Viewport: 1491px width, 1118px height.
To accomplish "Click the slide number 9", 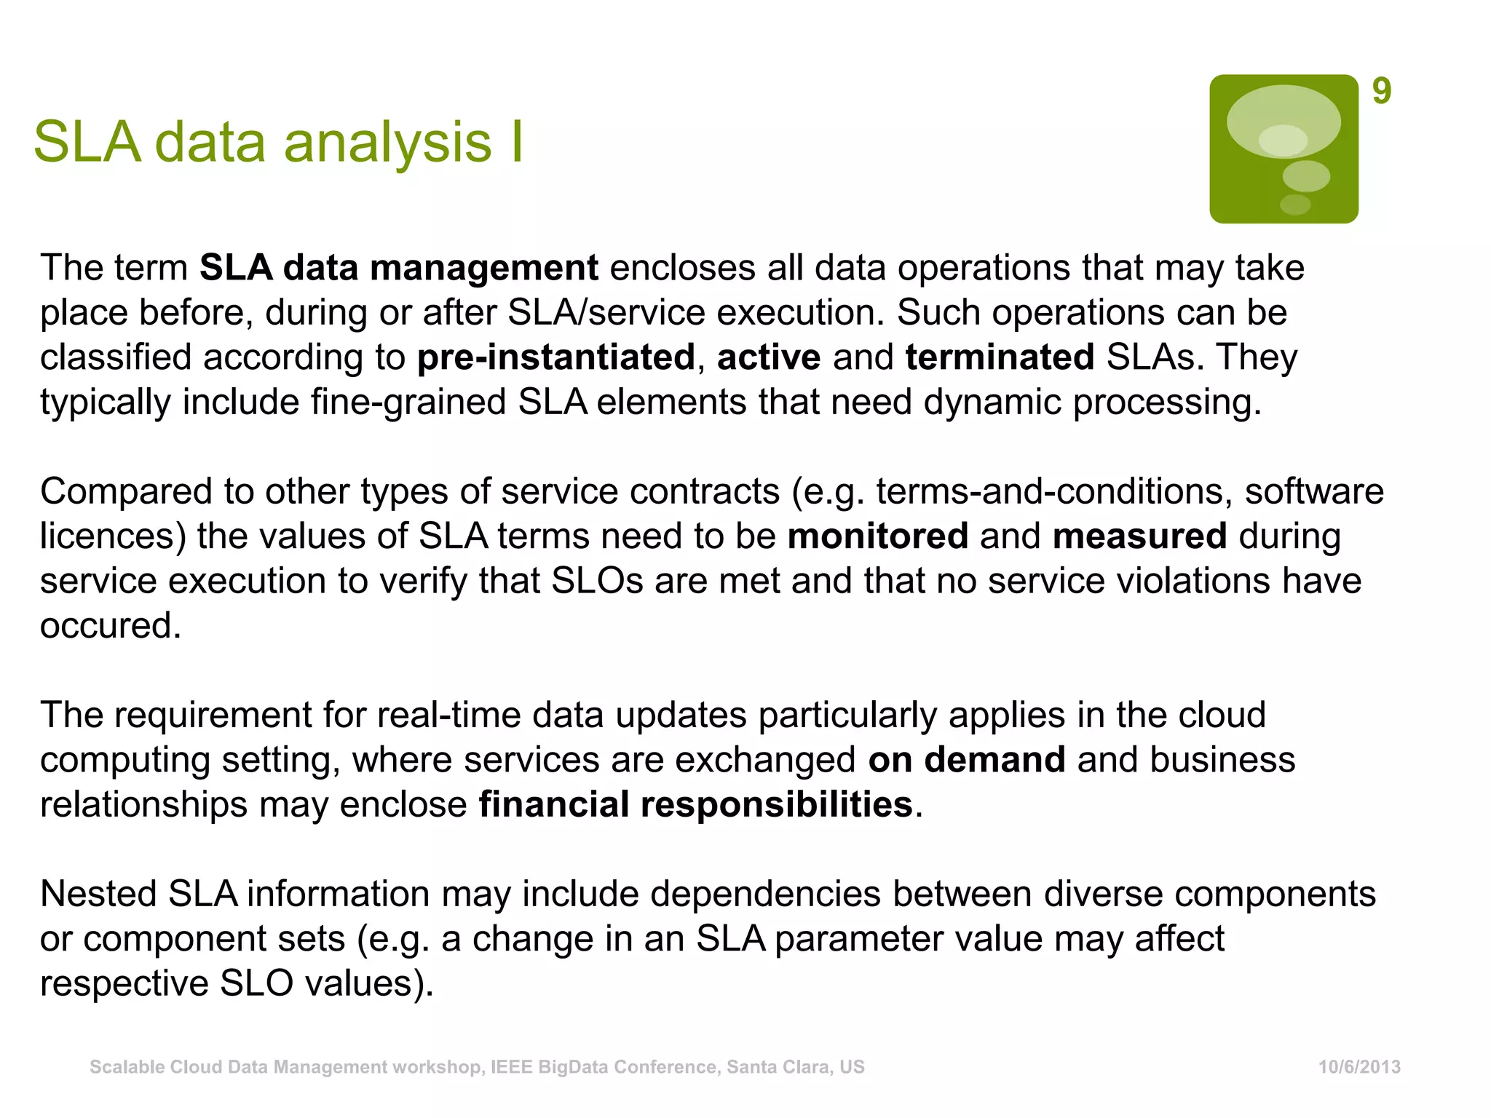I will coord(1381,92).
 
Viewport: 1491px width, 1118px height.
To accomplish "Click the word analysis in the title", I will coord(387,142).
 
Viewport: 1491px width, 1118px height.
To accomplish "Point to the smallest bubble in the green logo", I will coord(1295,205).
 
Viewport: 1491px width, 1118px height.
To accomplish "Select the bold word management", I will coord(483,268).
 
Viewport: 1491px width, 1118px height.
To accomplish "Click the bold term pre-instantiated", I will coord(556,357).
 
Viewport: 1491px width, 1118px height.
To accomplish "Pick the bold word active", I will coord(769,357).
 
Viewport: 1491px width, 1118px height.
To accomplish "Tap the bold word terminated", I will coord(1000,357).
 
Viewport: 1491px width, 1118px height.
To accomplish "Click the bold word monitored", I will coord(877,536).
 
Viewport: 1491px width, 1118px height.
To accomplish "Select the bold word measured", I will coord(1139,536).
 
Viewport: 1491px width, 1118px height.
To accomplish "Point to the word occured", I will coord(109,626).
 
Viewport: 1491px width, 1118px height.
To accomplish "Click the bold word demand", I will coord(994,760).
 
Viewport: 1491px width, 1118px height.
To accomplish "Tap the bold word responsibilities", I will coord(776,805).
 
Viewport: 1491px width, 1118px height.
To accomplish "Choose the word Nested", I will coord(98,894).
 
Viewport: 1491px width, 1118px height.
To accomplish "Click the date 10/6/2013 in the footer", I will coord(1359,1067).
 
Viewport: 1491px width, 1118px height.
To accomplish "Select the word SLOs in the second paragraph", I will coord(597,581).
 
